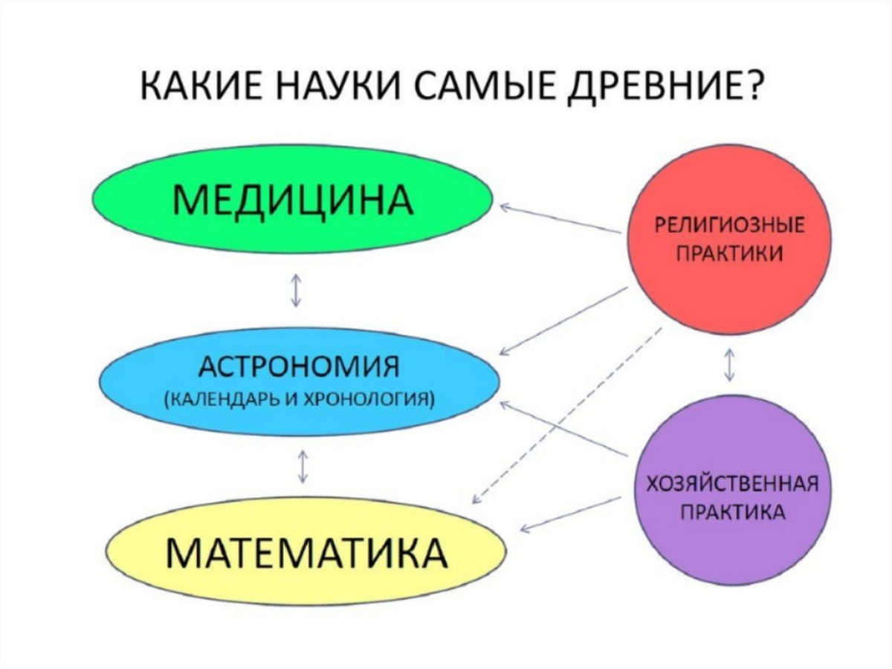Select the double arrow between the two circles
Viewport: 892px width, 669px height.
coord(730,364)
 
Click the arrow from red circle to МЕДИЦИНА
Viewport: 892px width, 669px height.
coord(559,219)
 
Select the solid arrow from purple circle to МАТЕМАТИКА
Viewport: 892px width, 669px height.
coord(570,514)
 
